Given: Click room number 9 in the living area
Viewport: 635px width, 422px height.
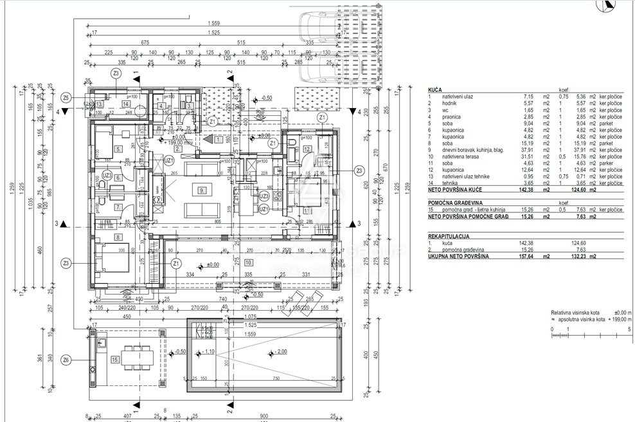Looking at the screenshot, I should coord(201,190).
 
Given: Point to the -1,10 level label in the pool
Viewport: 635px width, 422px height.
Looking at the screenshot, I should coord(208,352).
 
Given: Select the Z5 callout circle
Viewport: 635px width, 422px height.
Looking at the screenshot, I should coord(66,98).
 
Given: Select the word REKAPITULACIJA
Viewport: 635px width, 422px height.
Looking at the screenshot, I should coord(450,235).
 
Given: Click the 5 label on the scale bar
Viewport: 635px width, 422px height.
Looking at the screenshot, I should coord(629,329).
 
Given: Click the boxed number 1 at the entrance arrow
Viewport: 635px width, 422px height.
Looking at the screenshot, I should coord(219,139).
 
